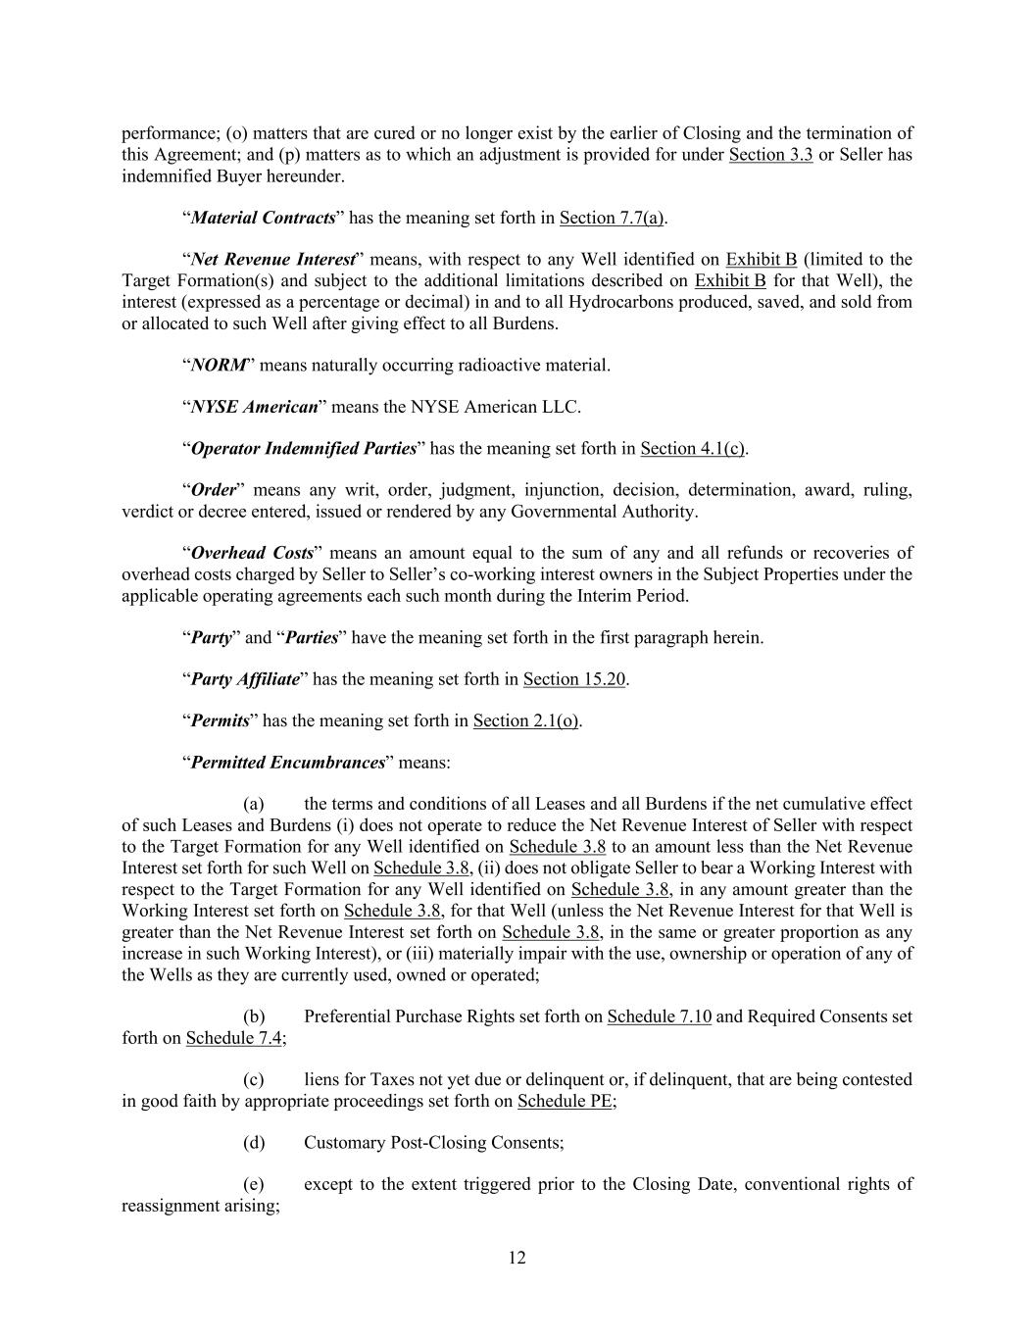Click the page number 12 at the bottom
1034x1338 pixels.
pyautogui.click(x=517, y=1258)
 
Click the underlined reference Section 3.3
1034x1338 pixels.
pyautogui.click(x=770, y=155)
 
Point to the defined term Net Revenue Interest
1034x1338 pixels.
pyautogui.click(x=272, y=260)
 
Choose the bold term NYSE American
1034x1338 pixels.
pyautogui.click(x=254, y=407)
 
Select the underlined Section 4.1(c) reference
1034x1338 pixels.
pyautogui.click(x=693, y=449)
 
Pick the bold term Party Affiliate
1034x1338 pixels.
pyautogui.click(x=245, y=679)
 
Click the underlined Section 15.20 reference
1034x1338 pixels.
pyautogui.click(x=574, y=679)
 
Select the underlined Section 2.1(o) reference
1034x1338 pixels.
pyautogui.click(x=526, y=721)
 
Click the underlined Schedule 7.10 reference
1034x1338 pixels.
pyautogui.click(x=659, y=1016)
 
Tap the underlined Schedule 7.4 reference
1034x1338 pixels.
pyautogui.click(x=234, y=1038)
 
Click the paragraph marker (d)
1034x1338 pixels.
pyautogui.click(x=254, y=1143)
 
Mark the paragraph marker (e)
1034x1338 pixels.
pyautogui.click(x=254, y=1184)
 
